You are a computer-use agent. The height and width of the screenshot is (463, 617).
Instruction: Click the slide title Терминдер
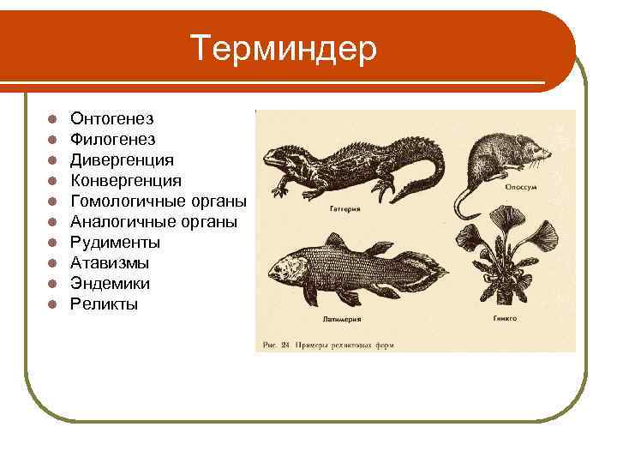click(x=284, y=49)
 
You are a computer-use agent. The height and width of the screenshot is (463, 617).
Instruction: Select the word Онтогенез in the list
click(x=112, y=118)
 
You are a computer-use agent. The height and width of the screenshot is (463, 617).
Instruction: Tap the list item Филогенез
click(x=112, y=139)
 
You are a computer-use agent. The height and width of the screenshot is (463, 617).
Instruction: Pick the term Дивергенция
click(x=122, y=159)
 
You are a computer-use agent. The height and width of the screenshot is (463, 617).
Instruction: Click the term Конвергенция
click(x=125, y=180)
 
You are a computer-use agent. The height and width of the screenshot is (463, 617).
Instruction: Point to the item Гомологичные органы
click(x=159, y=201)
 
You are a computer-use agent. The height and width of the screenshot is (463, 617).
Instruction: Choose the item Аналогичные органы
click(x=154, y=221)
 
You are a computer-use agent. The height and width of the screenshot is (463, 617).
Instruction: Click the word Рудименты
click(x=115, y=243)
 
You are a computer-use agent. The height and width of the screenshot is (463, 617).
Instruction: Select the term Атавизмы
click(x=110, y=263)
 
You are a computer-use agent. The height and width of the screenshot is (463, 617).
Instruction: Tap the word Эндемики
click(x=110, y=284)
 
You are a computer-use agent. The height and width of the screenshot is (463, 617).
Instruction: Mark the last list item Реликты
click(x=104, y=304)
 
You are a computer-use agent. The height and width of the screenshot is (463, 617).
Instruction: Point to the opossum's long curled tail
click(x=464, y=202)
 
